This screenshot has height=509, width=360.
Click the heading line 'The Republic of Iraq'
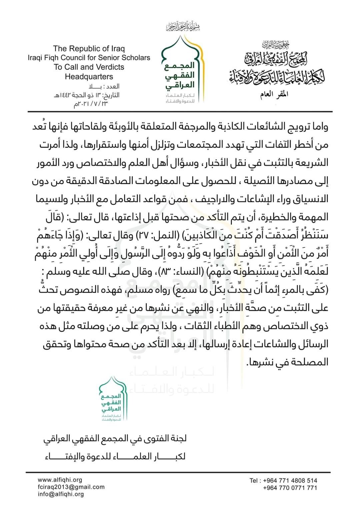click(x=89, y=49)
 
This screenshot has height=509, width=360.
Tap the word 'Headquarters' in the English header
click(x=89, y=76)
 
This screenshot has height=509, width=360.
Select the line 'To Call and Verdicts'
click(x=89, y=67)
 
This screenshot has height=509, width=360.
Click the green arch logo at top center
click(x=180, y=68)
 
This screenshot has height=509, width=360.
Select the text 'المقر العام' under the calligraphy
click(x=274, y=94)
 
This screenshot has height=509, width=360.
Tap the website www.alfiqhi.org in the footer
click(x=60, y=480)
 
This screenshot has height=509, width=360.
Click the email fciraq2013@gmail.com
click(x=71, y=487)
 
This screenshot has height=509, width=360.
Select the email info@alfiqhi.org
click(x=61, y=494)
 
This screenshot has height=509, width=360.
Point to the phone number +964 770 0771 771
click(x=290, y=488)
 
